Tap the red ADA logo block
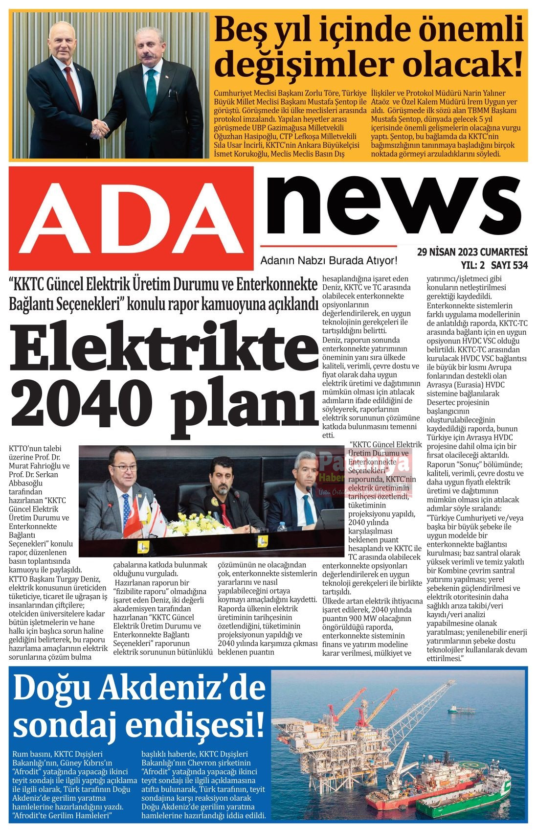point(131,218)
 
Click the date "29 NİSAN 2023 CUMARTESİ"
point(472,252)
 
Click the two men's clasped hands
point(101,128)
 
